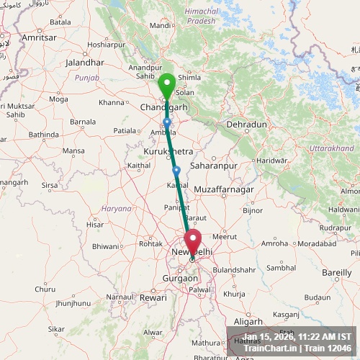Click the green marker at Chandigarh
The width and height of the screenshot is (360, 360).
167,87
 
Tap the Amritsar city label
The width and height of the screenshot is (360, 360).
40,37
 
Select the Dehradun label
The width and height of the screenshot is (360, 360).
246,125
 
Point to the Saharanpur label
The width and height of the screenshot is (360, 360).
214,166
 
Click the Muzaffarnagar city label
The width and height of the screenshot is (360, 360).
225,189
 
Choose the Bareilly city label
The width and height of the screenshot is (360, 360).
336,273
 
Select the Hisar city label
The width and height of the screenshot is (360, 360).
95,225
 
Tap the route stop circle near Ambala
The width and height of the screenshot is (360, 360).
167,122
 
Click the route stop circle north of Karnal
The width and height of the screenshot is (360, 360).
176,170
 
